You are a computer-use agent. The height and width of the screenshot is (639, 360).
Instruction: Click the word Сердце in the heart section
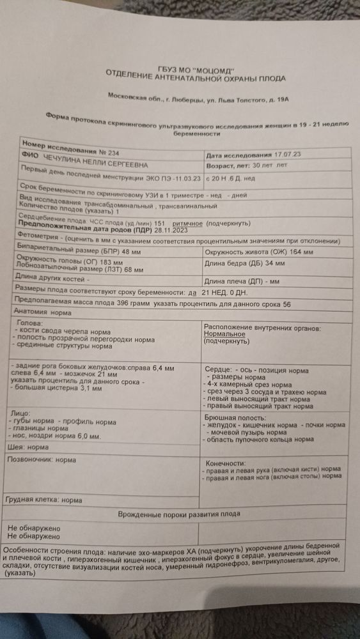[x=217, y=370]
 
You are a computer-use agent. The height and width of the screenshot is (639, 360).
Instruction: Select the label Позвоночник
[x=28, y=459]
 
